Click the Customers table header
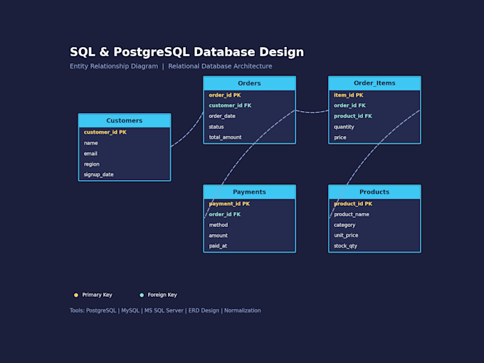click(x=125, y=120)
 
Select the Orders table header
click(x=249, y=83)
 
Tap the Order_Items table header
click(x=374, y=83)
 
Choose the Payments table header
click(x=249, y=192)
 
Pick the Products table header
click(x=374, y=192)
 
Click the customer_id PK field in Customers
click(x=105, y=132)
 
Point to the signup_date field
click(x=99, y=174)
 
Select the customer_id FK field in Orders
click(x=230, y=105)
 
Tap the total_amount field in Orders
click(x=226, y=137)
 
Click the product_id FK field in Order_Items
click(x=353, y=116)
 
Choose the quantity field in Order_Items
click(x=344, y=127)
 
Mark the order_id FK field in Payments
click(x=225, y=214)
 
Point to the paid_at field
click(x=218, y=246)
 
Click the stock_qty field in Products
click(x=345, y=246)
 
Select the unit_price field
click(x=346, y=235)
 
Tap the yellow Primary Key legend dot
click(x=76, y=295)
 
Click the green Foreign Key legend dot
click(x=142, y=295)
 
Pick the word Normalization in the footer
click(x=242, y=310)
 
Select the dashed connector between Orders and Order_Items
click(x=312, y=112)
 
